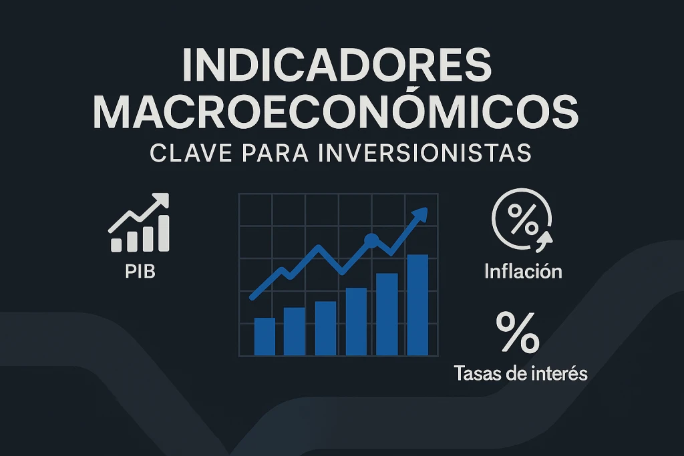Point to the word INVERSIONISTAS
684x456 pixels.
(x=425, y=153)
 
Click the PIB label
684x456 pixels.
(x=140, y=272)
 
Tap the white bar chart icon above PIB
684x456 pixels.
(x=139, y=223)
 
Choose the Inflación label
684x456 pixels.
(x=523, y=272)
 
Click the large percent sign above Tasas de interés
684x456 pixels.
(x=518, y=332)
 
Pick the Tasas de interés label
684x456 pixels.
(x=520, y=374)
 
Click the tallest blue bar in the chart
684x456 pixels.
(x=417, y=305)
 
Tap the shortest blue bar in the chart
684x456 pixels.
(x=265, y=336)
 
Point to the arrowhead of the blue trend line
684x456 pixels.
(x=419, y=214)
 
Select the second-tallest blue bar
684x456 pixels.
(x=387, y=314)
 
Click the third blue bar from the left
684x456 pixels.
(x=325, y=328)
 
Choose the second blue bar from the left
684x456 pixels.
(x=295, y=331)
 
